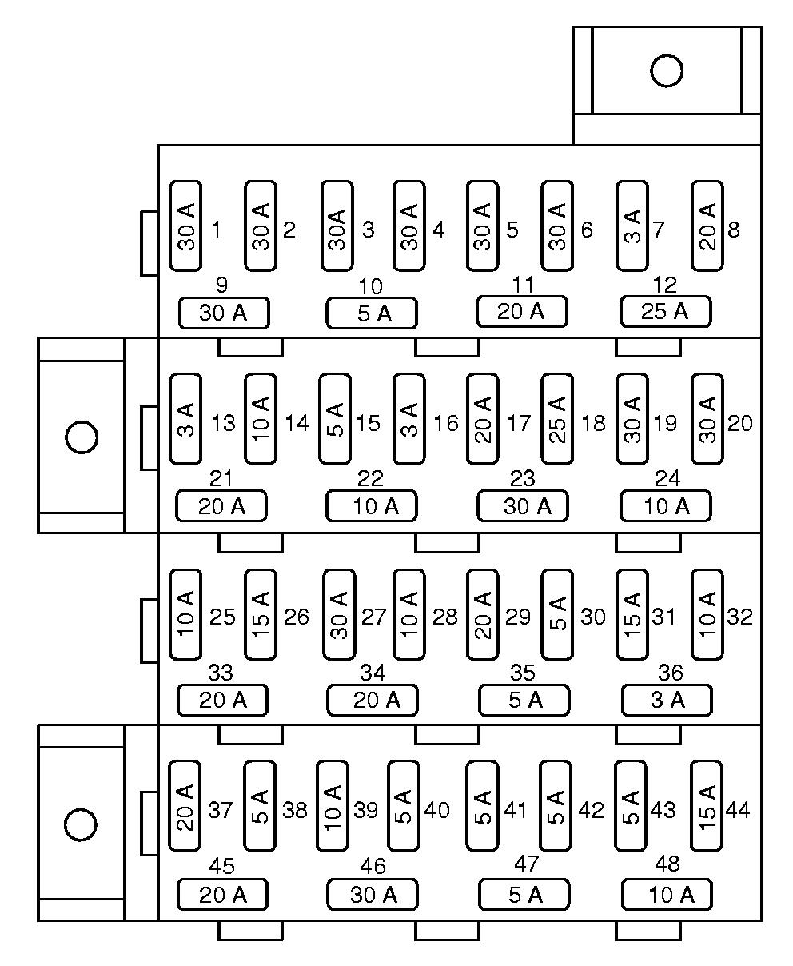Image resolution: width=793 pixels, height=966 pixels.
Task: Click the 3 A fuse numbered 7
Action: [632, 226]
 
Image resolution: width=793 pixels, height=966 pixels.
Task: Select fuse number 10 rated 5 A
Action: [372, 313]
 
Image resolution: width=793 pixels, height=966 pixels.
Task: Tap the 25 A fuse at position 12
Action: [665, 311]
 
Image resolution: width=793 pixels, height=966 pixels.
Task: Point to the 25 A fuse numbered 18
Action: [557, 418]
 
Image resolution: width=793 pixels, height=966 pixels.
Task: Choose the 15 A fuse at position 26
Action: [260, 614]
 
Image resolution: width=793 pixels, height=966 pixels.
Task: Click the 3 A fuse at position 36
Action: [667, 700]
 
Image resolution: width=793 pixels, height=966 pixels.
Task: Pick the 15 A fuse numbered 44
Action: [707, 805]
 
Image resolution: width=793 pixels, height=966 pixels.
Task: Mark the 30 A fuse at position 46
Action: [373, 894]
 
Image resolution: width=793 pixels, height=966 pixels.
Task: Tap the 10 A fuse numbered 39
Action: [333, 805]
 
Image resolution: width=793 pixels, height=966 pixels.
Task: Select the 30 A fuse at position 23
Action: [523, 505]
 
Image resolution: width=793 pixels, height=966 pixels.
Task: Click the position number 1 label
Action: [217, 230]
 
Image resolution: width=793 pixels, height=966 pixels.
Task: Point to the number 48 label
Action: [667, 864]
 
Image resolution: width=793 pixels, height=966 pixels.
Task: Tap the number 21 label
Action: [221, 478]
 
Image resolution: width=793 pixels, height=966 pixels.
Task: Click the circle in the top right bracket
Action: [666, 71]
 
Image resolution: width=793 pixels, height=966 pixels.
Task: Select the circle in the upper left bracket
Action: [82, 437]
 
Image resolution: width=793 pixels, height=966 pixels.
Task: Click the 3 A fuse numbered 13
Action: [185, 418]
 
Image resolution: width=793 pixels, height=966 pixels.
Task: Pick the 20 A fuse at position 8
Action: [707, 226]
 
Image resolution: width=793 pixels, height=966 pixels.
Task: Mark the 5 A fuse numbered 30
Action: [557, 614]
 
